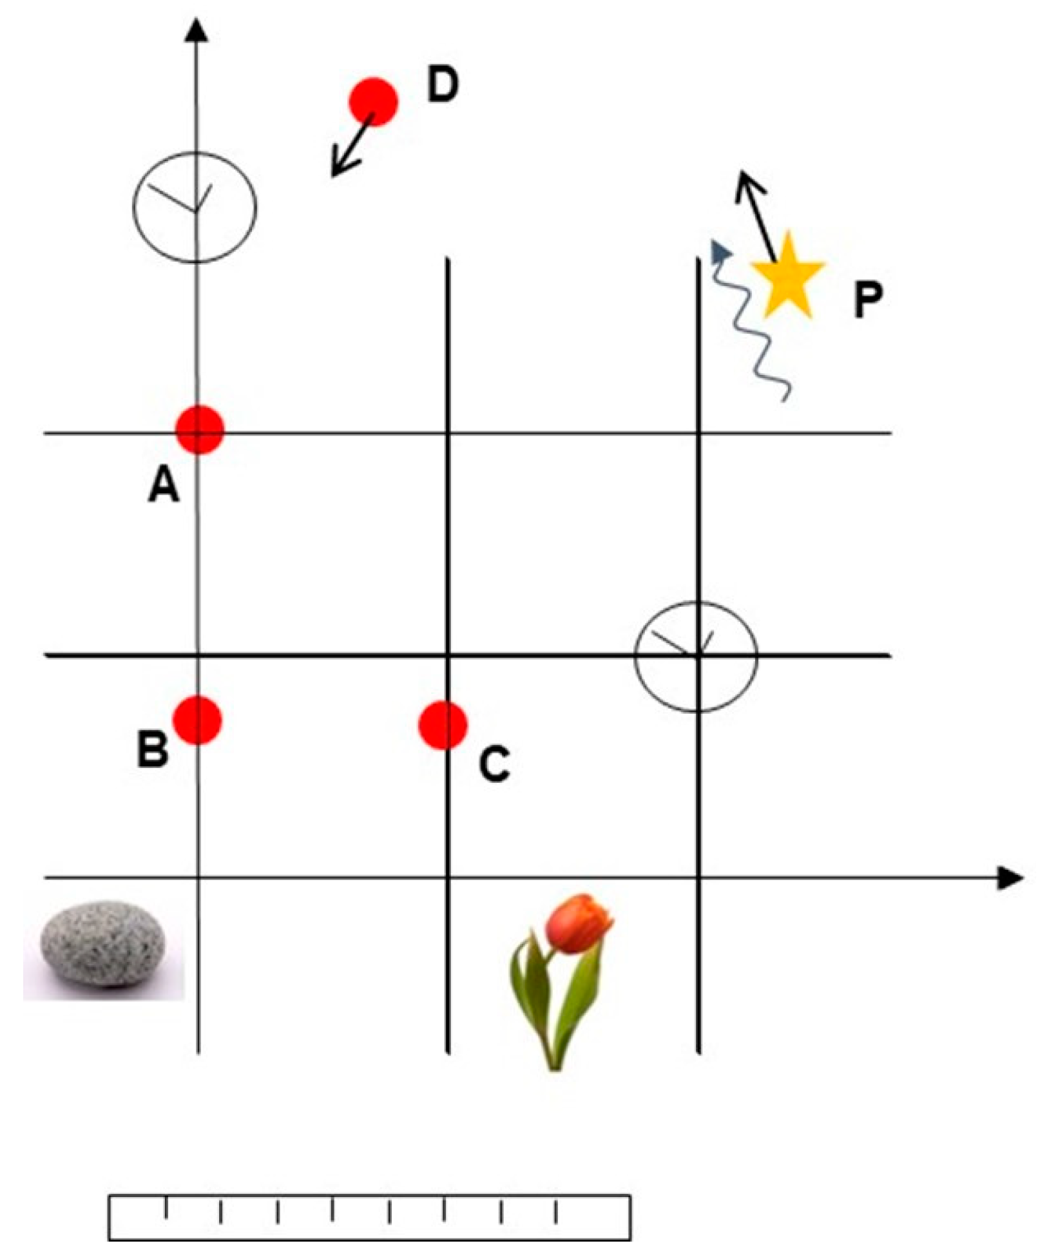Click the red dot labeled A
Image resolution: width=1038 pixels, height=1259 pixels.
pyautogui.click(x=200, y=430)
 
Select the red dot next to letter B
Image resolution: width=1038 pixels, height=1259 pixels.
pyautogui.click(x=198, y=720)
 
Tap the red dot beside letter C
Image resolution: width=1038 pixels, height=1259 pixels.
pyautogui.click(x=443, y=726)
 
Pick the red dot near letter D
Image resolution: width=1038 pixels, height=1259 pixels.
pyautogui.click(x=373, y=102)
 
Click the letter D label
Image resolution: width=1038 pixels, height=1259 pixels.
pyautogui.click(x=443, y=85)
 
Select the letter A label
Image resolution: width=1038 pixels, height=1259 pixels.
pyautogui.click(x=164, y=485)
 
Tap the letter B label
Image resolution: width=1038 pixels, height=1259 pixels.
pyautogui.click(x=153, y=749)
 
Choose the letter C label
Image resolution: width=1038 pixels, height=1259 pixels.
pyautogui.click(x=494, y=764)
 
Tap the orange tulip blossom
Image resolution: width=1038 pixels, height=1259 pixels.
pyautogui.click(x=578, y=924)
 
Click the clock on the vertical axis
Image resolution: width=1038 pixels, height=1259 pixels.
pyautogui.click(x=195, y=207)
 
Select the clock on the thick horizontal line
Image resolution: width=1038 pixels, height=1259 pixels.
pyautogui.click(x=696, y=656)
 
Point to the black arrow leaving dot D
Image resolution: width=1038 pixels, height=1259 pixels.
pyautogui.click(x=351, y=145)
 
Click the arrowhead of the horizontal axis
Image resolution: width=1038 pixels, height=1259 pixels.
pyautogui.click(x=1010, y=878)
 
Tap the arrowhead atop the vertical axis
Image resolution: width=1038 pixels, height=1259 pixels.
pyautogui.click(x=197, y=31)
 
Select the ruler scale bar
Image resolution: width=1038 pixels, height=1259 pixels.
pyautogui.click(x=369, y=1217)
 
